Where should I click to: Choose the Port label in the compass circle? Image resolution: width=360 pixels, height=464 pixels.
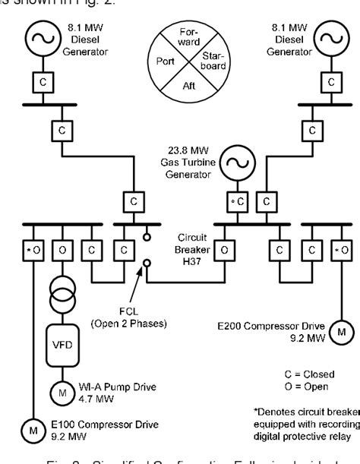[166, 62]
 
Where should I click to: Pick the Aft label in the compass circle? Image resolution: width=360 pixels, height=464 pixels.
[190, 87]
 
